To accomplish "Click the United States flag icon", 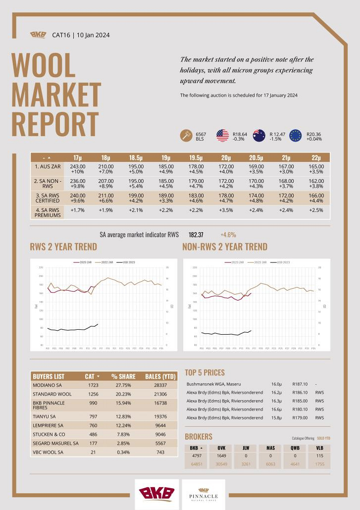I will pos(222,136).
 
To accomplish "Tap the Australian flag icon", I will pos(259,136).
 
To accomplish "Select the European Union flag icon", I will pos(296,136).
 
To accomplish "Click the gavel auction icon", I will pos(186,136).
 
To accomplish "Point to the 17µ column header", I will pos(78,157).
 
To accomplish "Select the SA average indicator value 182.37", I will pos(196,235).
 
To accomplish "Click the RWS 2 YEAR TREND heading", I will pos(63,247).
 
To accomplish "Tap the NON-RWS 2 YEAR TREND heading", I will pos(224,247).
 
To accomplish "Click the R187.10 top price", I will pos(300,384).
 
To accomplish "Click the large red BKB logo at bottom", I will pos(156,494).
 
